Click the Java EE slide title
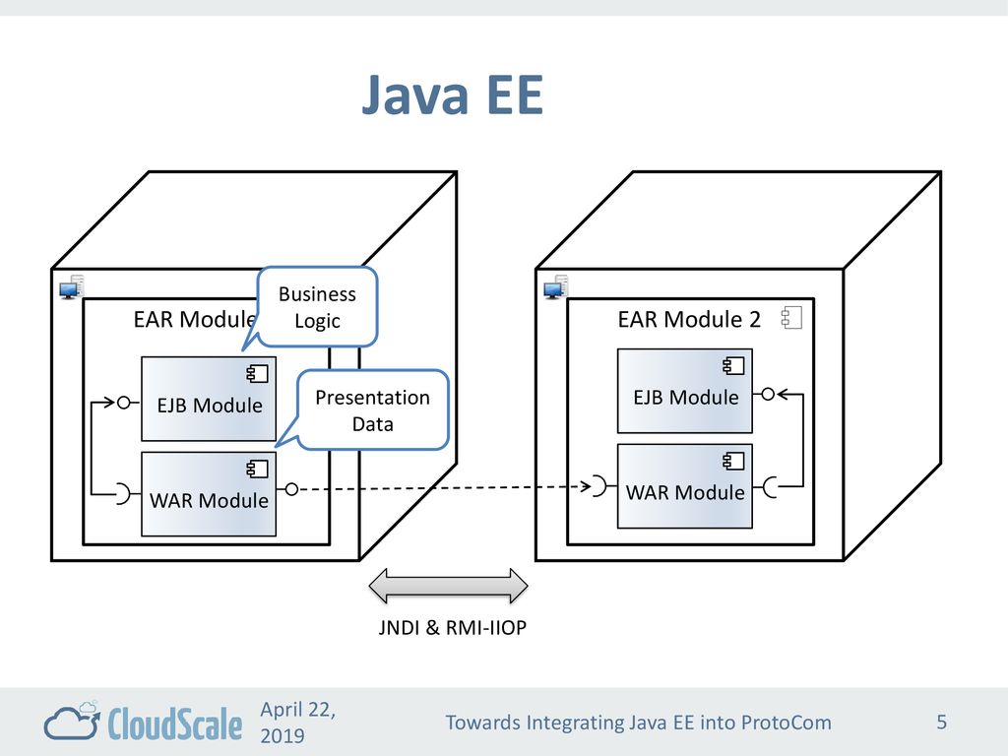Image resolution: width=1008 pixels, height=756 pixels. [453, 94]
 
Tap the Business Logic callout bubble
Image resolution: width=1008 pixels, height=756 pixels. [317, 307]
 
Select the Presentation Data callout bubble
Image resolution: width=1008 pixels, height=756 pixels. [372, 410]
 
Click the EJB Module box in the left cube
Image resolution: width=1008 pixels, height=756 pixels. [209, 400]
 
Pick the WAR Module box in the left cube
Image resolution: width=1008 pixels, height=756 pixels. [209, 494]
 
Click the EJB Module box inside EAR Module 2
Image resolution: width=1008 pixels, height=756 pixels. [685, 391]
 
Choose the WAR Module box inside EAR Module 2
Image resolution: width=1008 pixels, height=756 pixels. [685, 486]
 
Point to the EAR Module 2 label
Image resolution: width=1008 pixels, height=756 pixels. [689, 319]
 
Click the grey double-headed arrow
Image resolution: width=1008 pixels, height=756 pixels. [448, 586]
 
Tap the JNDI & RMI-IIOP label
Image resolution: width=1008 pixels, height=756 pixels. [453, 627]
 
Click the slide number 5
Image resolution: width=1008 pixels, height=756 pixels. [942, 722]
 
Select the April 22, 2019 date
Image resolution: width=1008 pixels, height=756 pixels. [297, 722]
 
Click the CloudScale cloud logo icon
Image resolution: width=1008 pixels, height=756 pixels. [72, 721]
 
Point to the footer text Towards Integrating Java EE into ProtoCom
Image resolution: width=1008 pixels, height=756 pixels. [638, 723]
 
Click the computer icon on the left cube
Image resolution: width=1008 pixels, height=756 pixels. [71, 287]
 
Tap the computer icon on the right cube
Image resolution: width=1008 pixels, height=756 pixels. [555, 287]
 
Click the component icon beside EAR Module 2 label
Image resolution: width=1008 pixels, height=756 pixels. [791, 318]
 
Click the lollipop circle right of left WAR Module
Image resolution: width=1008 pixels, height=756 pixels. [291, 489]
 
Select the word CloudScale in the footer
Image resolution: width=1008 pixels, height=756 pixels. [175, 723]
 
